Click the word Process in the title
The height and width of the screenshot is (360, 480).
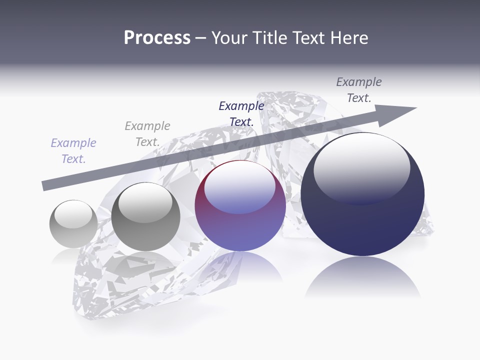coord(157,38)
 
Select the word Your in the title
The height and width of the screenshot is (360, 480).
coord(227,38)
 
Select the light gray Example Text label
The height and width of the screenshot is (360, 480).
coord(147,134)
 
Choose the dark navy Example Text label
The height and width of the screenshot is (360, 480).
coord(241,114)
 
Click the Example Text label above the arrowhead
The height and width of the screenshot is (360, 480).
coord(358,90)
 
